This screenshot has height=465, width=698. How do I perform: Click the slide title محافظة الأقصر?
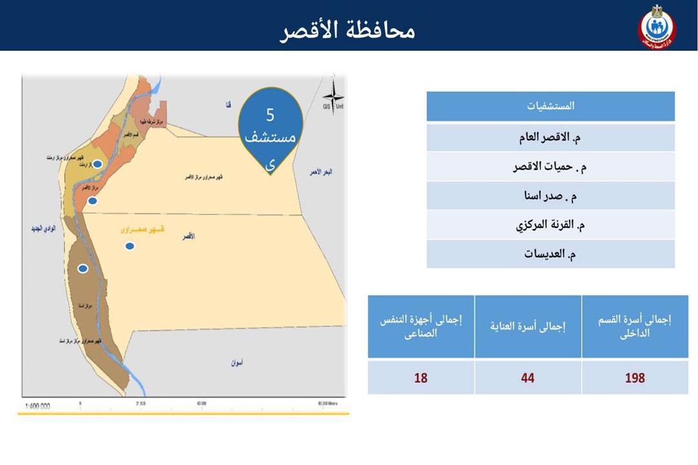(348, 30)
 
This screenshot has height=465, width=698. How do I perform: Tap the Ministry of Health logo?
(656, 28)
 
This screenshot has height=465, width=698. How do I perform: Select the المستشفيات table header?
(550, 106)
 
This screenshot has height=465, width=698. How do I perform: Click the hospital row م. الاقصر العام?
(550, 138)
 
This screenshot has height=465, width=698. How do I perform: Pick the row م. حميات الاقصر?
(550, 167)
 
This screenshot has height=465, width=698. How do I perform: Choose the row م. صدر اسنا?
(550, 196)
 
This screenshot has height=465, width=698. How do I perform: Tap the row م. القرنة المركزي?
(550, 225)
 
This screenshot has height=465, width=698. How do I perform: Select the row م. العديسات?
(550, 254)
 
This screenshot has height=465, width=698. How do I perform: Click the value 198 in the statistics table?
(635, 378)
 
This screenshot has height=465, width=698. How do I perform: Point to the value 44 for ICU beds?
(528, 378)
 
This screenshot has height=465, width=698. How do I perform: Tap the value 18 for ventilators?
(421, 378)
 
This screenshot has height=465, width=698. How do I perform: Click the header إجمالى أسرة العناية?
(528, 327)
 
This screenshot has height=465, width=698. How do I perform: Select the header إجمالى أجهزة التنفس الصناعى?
(421, 327)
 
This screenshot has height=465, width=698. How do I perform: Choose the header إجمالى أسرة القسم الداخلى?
(635, 327)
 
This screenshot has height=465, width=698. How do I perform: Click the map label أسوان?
(237, 363)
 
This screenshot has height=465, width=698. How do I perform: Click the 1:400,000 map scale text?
(37, 406)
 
